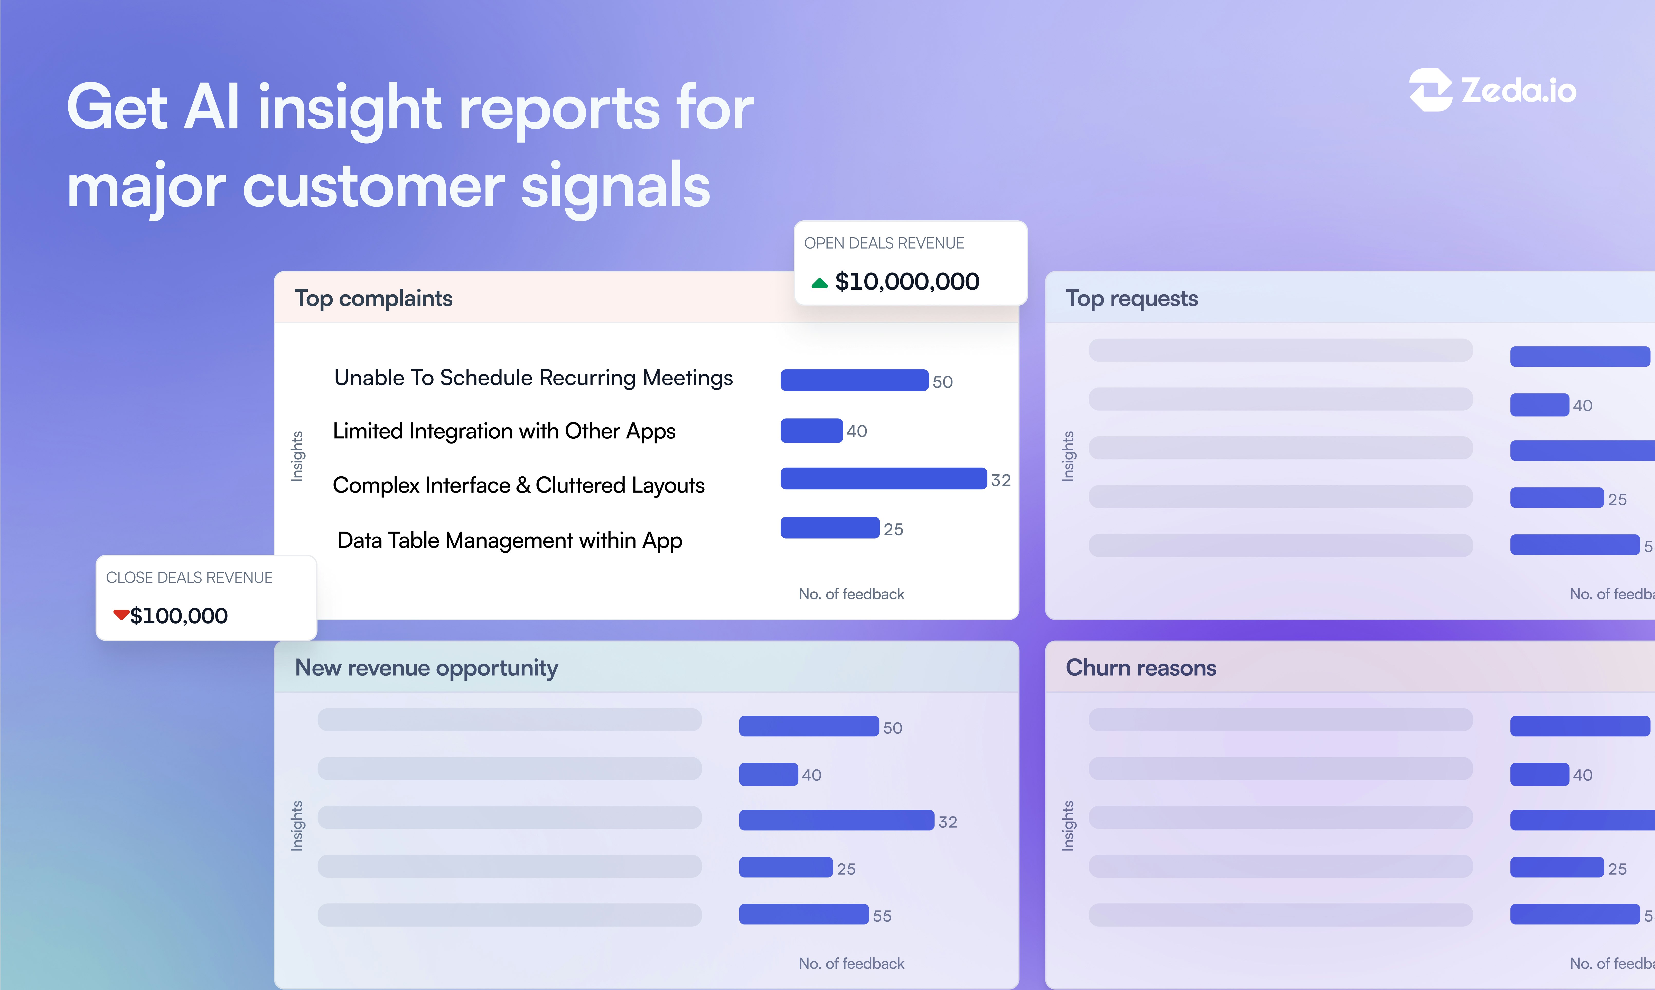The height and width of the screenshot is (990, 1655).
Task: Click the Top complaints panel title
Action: [x=373, y=298]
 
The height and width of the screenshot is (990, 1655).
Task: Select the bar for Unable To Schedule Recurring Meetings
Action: [x=854, y=380]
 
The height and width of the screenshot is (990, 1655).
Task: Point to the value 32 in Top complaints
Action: [x=1001, y=480]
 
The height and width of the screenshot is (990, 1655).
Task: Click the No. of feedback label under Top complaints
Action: [x=851, y=594]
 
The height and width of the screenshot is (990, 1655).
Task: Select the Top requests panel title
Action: [x=1131, y=298]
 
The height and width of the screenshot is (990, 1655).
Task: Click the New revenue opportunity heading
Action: [x=426, y=668]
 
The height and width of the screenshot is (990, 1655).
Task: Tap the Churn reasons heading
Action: [x=1141, y=668]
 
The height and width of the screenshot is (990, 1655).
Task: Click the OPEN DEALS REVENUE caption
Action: [x=884, y=243]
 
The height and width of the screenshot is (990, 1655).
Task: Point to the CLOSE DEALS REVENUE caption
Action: [x=190, y=578]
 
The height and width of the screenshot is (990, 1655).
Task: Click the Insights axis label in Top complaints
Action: [x=297, y=456]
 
